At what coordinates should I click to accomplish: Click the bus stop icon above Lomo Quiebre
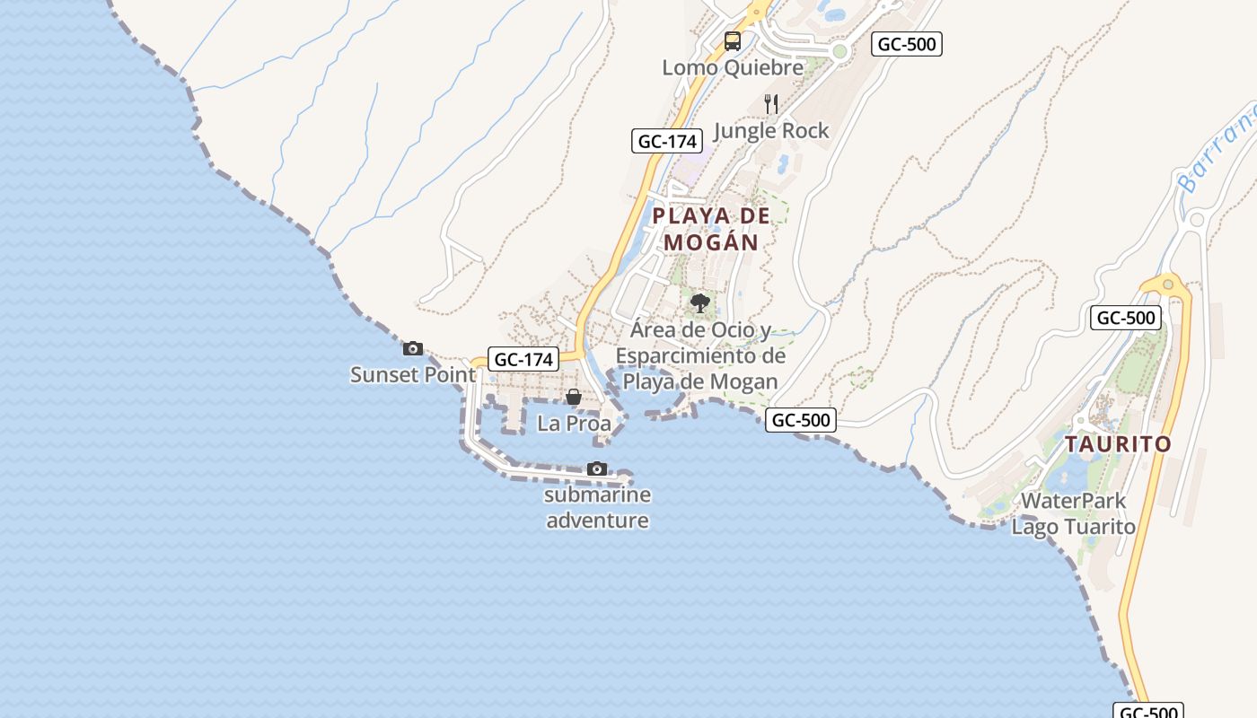point(733,40)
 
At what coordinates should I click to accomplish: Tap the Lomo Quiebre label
point(733,67)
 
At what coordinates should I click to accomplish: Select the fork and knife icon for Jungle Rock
point(770,103)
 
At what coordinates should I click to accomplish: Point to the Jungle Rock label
point(771,131)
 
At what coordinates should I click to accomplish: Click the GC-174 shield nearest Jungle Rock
point(665,141)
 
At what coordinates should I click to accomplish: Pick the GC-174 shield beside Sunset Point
point(524,359)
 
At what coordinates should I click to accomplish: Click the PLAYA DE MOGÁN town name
point(711,229)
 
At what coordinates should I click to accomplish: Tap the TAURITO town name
point(1118,444)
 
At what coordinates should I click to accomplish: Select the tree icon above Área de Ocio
point(700,303)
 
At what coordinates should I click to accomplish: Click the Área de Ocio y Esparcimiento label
point(700,356)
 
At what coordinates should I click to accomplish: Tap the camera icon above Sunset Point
point(413,348)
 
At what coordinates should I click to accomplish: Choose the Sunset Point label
point(413,374)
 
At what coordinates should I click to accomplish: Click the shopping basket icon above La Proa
point(574,397)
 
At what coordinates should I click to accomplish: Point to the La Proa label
point(574,423)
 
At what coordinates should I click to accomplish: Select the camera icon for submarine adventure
point(597,468)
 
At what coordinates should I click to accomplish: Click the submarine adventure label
point(597,507)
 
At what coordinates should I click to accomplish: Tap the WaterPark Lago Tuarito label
point(1074,513)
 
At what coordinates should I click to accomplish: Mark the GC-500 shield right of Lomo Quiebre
point(907,44)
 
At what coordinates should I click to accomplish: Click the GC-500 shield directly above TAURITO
point(1126,317)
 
